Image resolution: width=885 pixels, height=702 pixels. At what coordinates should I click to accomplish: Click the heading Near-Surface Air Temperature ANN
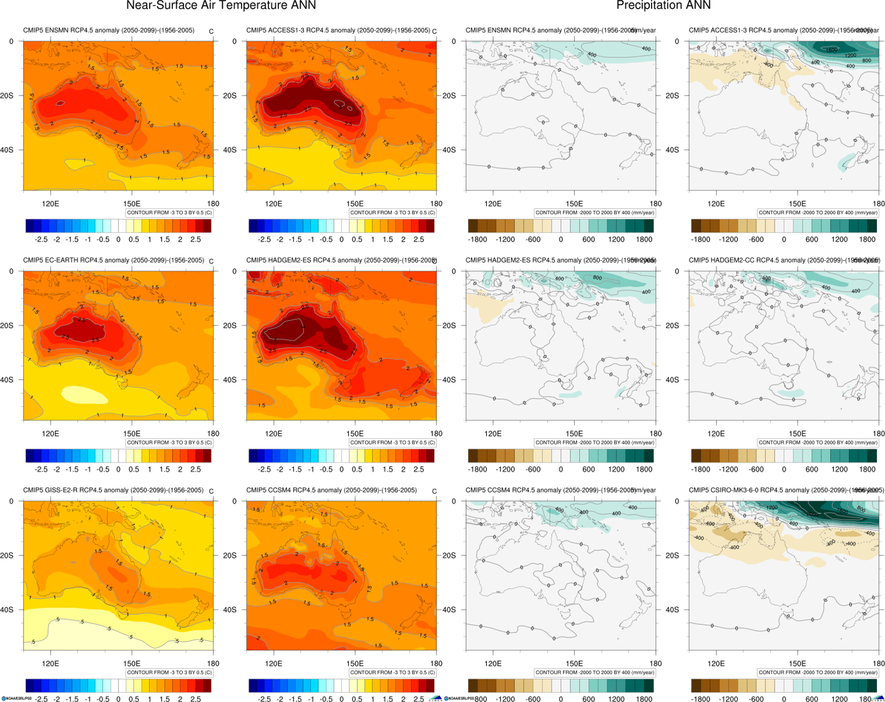pyautogui.click(x=221, y=6)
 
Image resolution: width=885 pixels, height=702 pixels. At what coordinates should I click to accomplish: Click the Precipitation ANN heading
pyautogui.click(x=663, y=6)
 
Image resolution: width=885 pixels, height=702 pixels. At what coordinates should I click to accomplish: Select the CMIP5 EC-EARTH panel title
pyautogui.click(x=114, y=260)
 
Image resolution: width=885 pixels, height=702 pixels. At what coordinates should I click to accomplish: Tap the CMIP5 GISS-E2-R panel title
pyautogui.click(x=113, y=490)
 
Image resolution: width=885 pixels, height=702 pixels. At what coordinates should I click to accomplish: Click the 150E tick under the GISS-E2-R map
pyautogui.click(x=132, y=663)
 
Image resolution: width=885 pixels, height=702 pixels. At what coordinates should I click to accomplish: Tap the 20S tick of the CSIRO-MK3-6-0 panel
pyautogui.click(x=671, y=555)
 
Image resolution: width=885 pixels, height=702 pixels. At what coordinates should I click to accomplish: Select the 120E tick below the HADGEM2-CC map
pyautogui.click(x=716, y=434)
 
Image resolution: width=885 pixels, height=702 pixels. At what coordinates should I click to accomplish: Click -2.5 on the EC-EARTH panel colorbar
pyautogui.click(x=41, y=469)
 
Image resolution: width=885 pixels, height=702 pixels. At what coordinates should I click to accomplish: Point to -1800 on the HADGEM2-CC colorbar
pyautogui.click(x=701, y=469)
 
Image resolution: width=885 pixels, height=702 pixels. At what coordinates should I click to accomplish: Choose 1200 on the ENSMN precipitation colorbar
pyautogui.click(x=616, y=240)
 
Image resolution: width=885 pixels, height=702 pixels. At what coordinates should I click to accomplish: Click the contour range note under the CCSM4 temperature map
pyautogui.click(x=393, y=673)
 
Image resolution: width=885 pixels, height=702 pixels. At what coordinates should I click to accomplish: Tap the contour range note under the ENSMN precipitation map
pyautogui.click(x=595, y=213)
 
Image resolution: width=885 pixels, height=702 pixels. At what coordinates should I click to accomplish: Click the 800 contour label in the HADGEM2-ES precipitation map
pyautogui.click(x=597, y=278)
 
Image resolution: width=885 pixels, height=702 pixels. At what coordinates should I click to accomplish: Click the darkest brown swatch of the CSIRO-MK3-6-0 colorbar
pyautogui.click(x=696, y=686)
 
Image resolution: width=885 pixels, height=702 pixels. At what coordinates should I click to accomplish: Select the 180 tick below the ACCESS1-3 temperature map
pyautogui.click(x=436, y=203)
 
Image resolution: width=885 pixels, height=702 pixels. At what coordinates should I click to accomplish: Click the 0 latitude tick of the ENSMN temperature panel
pyautogui.click(x=11, y=41)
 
